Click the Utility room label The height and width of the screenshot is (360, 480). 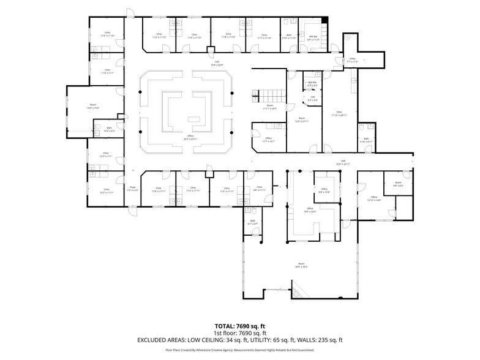point(351,60)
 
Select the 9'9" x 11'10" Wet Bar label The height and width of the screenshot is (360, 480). point(313,39)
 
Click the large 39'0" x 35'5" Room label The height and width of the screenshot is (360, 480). point(301,266)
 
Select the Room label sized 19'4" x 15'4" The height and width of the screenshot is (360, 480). point(93,107)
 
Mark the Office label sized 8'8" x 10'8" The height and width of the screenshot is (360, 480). point(324,190)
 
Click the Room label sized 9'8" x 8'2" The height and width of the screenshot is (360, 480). point(398,184)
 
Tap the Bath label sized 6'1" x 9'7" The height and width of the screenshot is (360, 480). point(252,222)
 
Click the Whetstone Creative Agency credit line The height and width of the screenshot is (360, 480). point(239,350)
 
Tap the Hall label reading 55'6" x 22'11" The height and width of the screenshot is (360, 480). point(342,163)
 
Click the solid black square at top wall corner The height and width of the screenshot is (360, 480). point(325,21)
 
